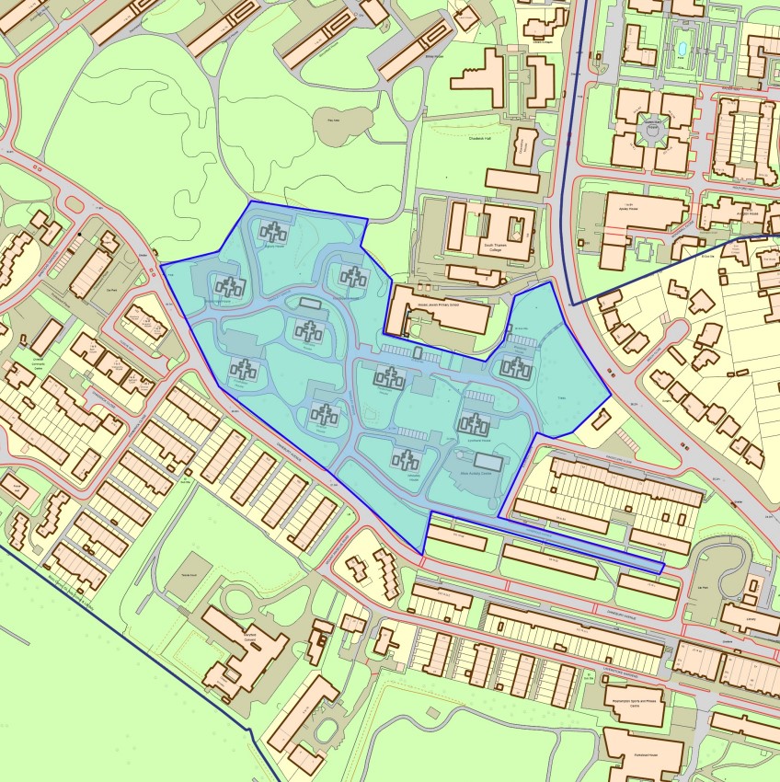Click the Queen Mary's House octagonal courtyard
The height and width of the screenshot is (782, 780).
[x=654, y=133]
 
